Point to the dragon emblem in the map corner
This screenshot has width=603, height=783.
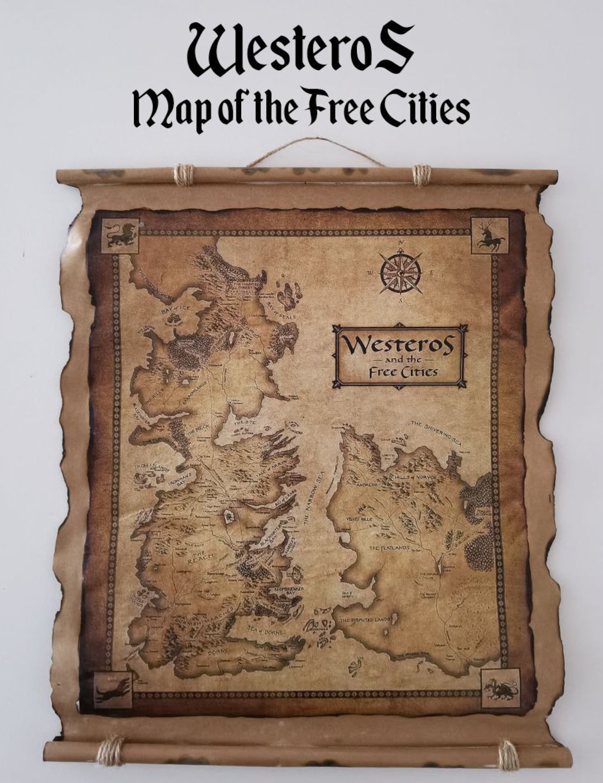[x=500, y=688]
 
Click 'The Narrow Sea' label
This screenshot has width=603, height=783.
[x=313, y=497]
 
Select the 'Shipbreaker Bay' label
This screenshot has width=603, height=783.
[x=289, y=591]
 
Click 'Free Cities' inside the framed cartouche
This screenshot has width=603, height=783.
[x=399, y=372]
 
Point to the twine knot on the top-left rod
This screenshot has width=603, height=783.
[x=183, y=175]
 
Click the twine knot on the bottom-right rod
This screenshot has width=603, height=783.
[x=508, y=755]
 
